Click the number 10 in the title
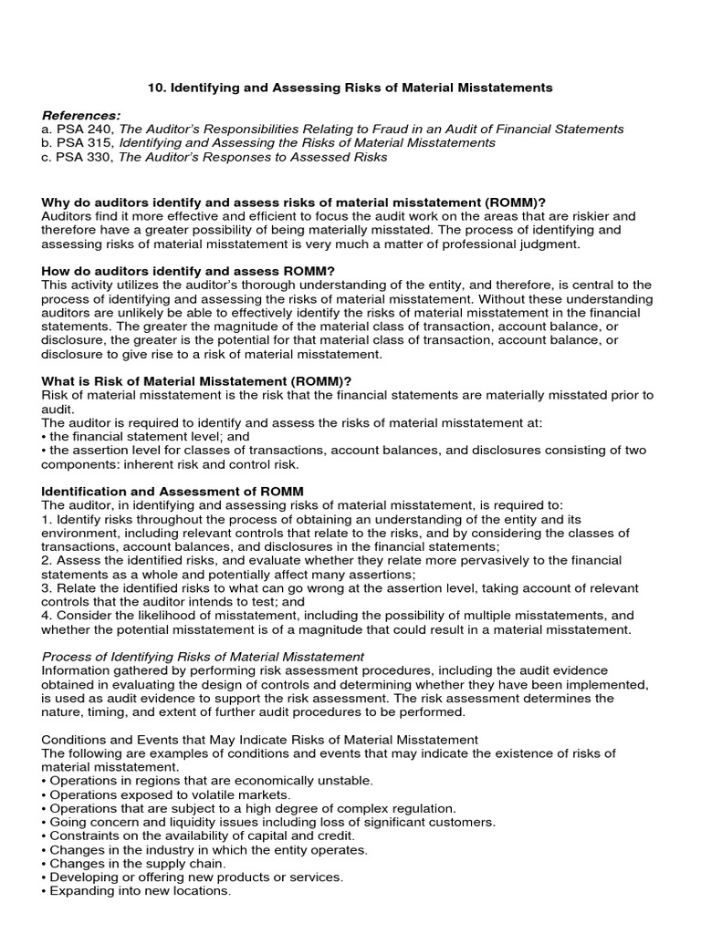155,88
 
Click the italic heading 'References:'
81,115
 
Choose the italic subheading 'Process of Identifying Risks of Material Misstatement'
203,656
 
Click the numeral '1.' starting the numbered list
47,519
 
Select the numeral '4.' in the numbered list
47,615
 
